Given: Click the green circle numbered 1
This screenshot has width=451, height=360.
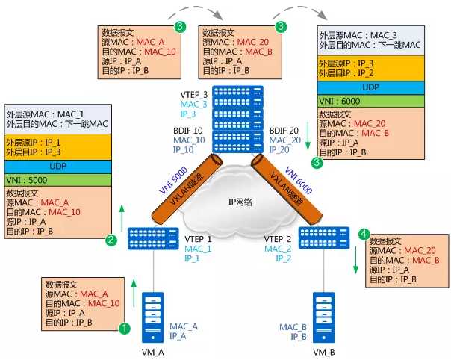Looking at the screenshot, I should click(x=125, y=328).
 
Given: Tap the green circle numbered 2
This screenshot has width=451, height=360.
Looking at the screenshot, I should click(x=111, y=240).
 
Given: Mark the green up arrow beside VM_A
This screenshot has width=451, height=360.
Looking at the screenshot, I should click(x=134, y=292).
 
